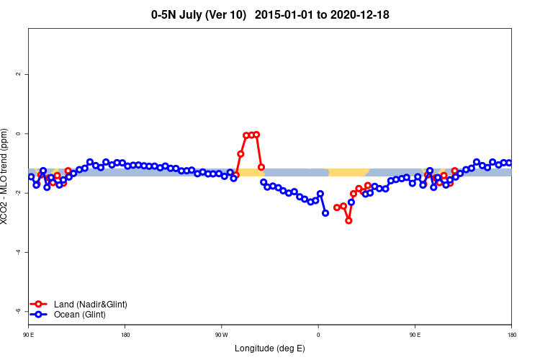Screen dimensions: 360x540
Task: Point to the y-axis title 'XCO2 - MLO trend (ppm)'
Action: [6, 176]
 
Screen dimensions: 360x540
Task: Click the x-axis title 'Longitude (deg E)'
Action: [270, 348]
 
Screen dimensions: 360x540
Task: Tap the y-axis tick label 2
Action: [18, 74]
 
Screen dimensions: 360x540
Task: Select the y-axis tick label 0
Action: [18, 133]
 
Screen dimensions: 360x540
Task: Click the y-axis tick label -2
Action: [18, 193]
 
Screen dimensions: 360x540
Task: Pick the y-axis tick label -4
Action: [18, 252]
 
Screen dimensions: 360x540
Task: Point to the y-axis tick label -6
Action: [18, 311]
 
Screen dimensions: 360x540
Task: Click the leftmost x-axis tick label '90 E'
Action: [29, 335]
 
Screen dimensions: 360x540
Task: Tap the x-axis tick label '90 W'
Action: [221, 335]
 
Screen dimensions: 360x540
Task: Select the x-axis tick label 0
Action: [318, 335]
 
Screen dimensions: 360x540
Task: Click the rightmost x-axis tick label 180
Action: [511, 335]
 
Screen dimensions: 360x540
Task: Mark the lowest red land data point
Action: [348, 220]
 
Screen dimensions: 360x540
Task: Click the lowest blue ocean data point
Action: [325, 213]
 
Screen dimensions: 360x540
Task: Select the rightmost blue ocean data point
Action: [509, 163]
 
